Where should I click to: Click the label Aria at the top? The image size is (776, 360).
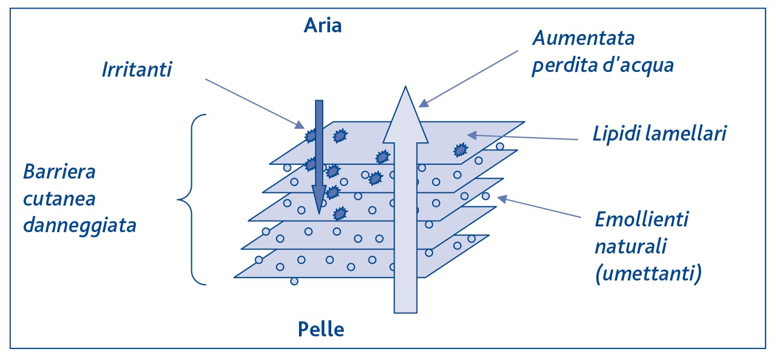323,26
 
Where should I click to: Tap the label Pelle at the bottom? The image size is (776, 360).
321,329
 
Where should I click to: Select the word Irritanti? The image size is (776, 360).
137,69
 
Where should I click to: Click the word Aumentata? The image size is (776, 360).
583,39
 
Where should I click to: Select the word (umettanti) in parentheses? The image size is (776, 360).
648,274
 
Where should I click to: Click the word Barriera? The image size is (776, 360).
59,172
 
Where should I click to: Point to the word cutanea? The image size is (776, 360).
59,198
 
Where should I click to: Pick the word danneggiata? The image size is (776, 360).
80,225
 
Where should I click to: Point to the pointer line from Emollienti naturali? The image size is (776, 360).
542,208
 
